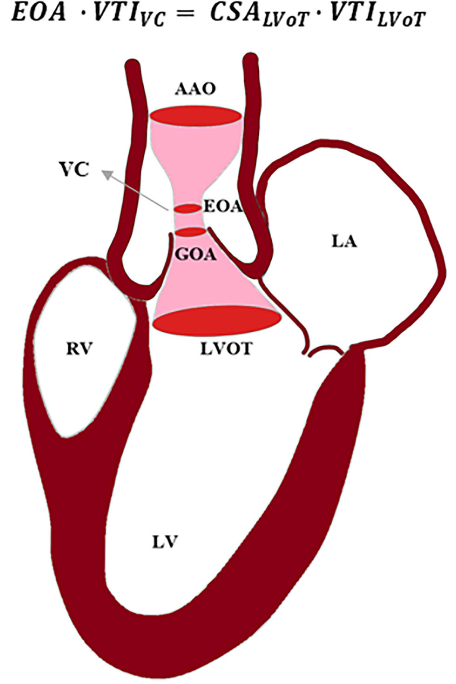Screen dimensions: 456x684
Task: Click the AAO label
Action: click(195, 89)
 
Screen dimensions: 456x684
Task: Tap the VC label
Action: click(74, 170)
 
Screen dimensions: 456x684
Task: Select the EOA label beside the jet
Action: click(223, 207)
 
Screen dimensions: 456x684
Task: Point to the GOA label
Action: click(195, 255)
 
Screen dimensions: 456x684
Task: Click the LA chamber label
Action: click(345, 242)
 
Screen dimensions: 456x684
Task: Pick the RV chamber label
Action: click(79, 349)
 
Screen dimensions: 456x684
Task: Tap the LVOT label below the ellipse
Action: click(226, 349)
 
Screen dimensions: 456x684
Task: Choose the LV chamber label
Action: click(166, 542)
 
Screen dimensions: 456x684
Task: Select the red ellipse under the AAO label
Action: click(195, 116)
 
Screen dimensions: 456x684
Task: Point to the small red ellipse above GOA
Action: click(190, 231)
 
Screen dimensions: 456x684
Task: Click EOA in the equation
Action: click(39, 13)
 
